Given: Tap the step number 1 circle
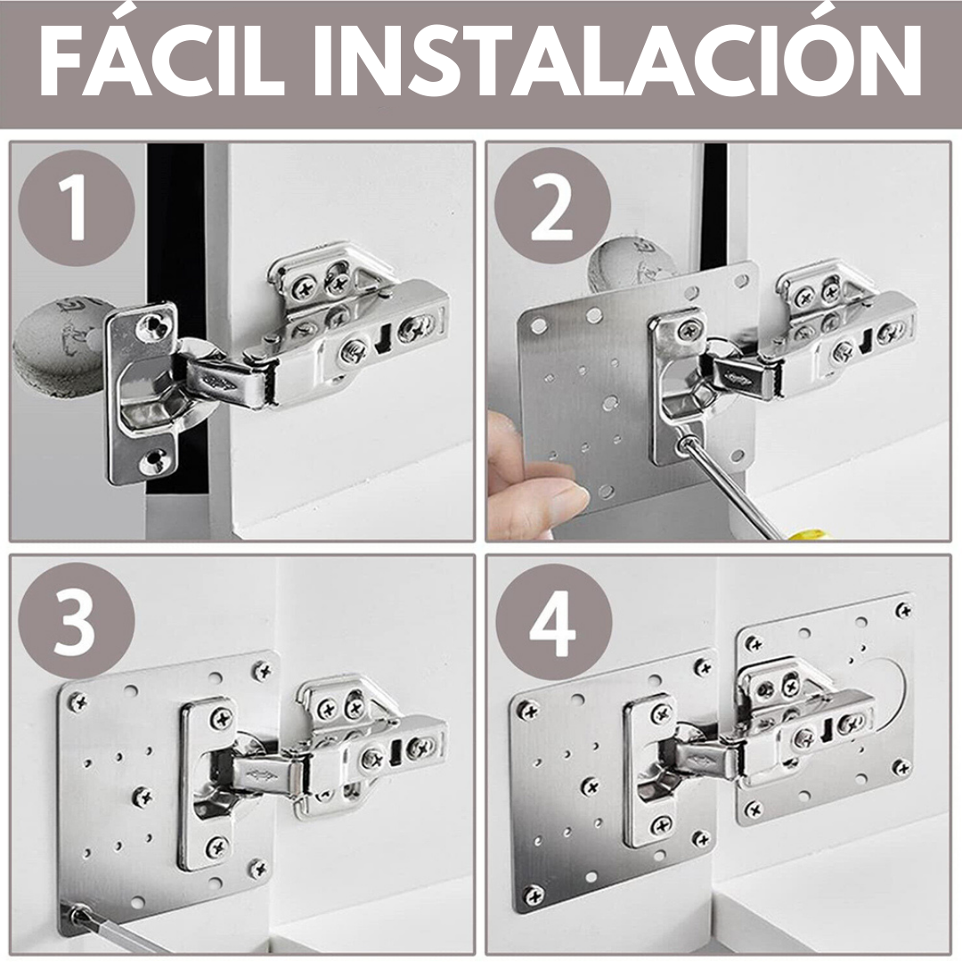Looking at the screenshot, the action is [x=76, y=208].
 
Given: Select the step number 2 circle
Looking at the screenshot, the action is [x=552, y=208].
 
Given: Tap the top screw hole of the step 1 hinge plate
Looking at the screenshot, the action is [x=153, y=326].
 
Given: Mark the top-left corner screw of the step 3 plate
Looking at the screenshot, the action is [x=77, y=701].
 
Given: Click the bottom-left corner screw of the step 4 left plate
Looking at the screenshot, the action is [x=534, y=895].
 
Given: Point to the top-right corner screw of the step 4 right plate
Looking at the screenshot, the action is [x=902, y=610].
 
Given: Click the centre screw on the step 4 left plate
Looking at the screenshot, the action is [x=590, y=786].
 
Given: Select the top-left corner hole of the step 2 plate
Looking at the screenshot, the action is [x=542, y=322].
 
